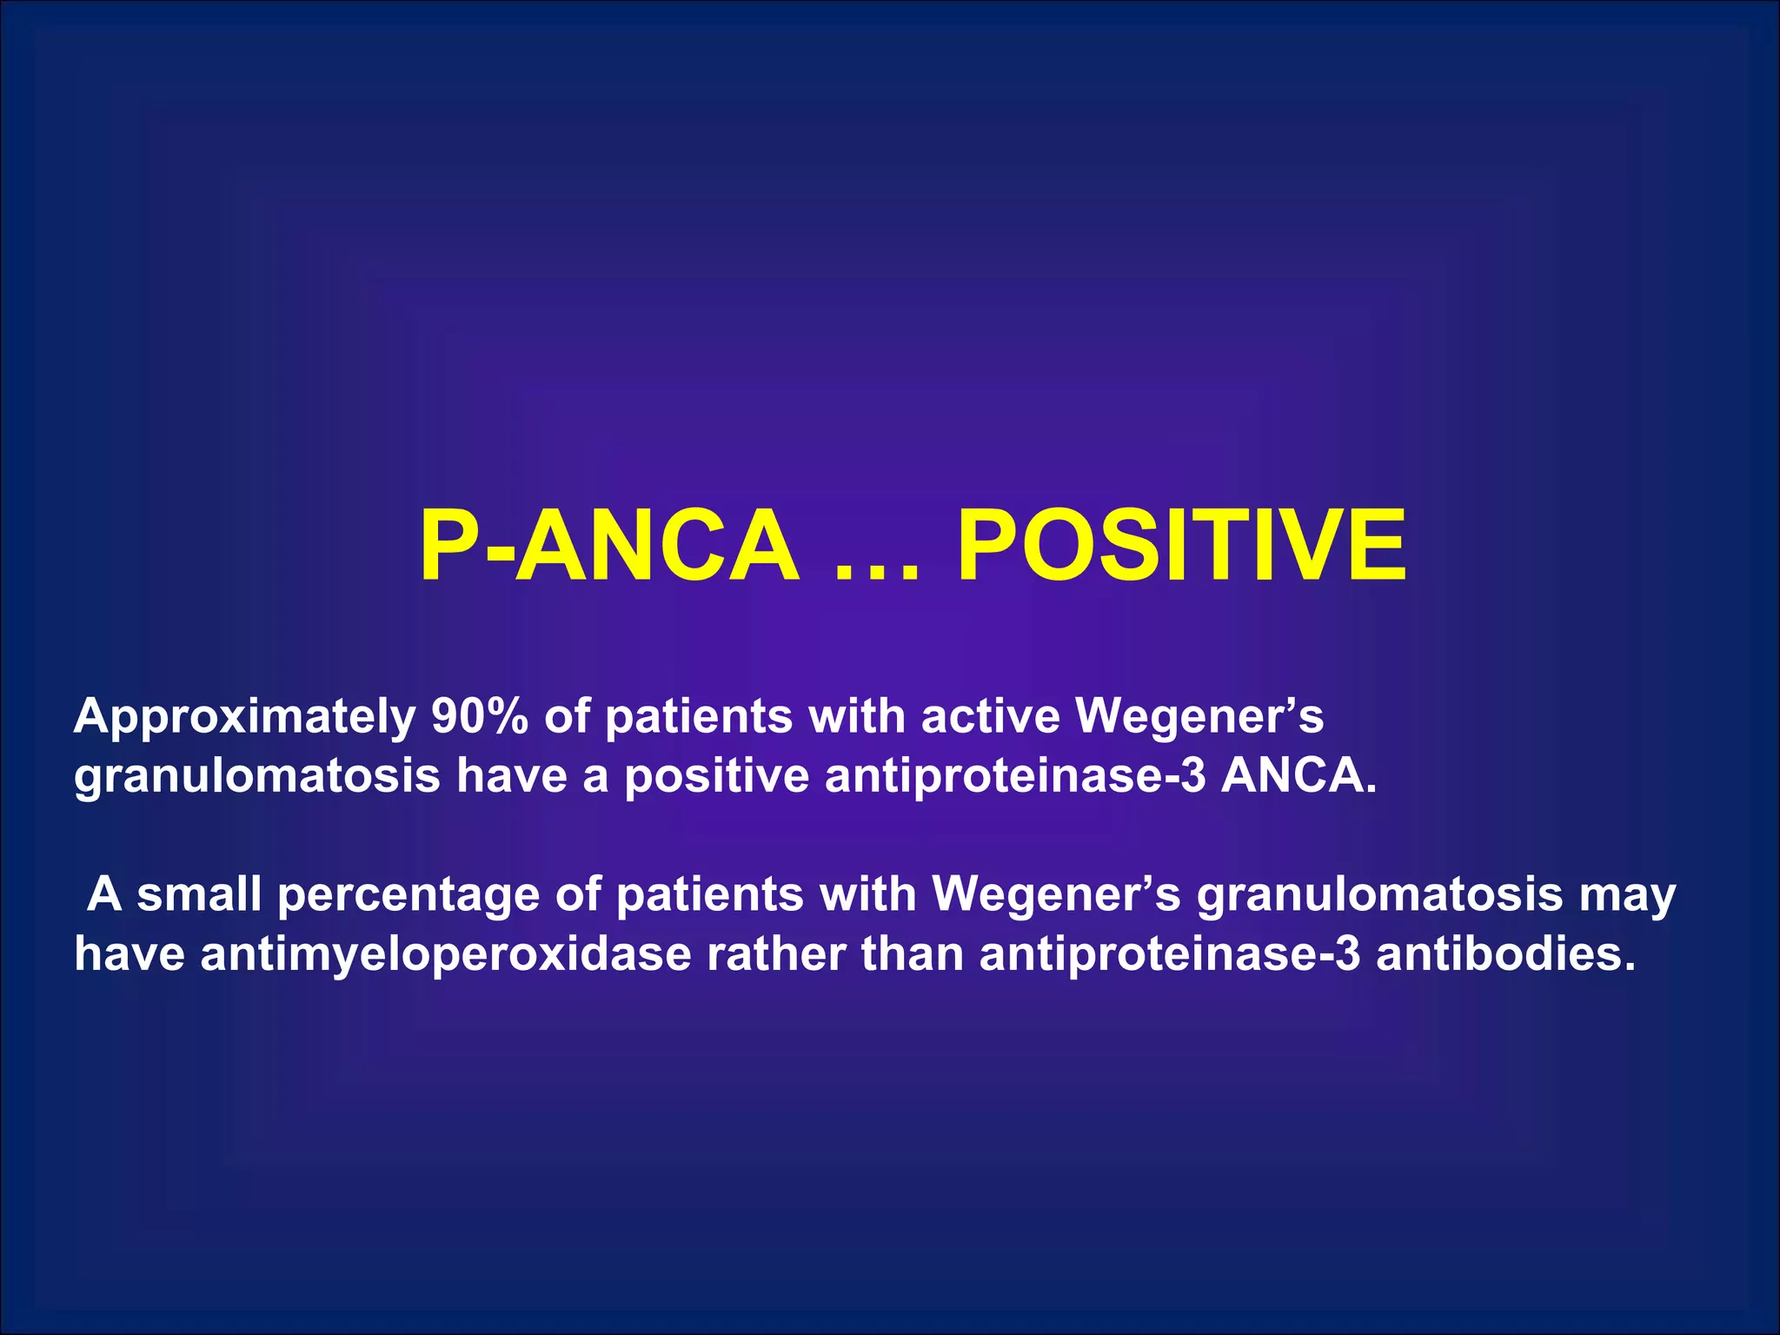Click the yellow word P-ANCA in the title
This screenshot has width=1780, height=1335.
[608, 546]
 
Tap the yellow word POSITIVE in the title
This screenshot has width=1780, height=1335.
[1181, 546]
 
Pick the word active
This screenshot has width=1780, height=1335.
[991, 716]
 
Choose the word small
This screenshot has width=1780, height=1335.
[199, 894]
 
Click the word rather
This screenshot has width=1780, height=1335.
[775, 954]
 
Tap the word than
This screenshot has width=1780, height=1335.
[913, 954]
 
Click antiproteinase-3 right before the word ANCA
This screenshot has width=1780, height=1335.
[1015, 776]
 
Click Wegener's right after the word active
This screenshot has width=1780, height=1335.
[1199, 718]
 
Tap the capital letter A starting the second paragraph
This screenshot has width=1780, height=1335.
[104, 894]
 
